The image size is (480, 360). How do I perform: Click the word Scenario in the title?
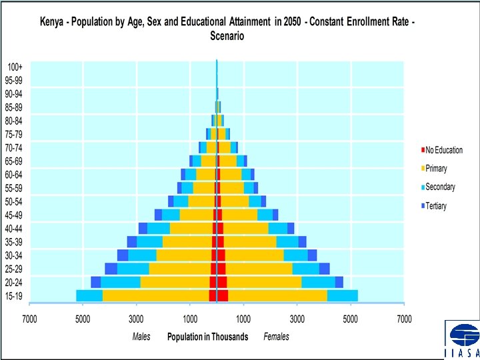point(227,36)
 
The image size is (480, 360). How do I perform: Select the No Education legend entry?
point(443,150)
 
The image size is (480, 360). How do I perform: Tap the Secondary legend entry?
point(440,187)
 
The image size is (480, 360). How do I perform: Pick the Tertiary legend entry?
point(436,206)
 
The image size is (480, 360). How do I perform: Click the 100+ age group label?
point(15,67)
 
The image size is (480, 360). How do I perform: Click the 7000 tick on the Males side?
point(29,318)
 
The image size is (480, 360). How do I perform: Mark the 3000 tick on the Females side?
point(297,318)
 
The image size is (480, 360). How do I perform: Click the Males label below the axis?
point(141,337)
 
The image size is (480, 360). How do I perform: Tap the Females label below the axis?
point(276,337)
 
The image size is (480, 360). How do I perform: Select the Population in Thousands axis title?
point(207,337)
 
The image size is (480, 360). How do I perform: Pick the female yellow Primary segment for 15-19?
point(277,295)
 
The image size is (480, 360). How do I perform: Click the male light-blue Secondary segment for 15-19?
point(89,295)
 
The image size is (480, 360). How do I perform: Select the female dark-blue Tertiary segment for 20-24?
point(339,282)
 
